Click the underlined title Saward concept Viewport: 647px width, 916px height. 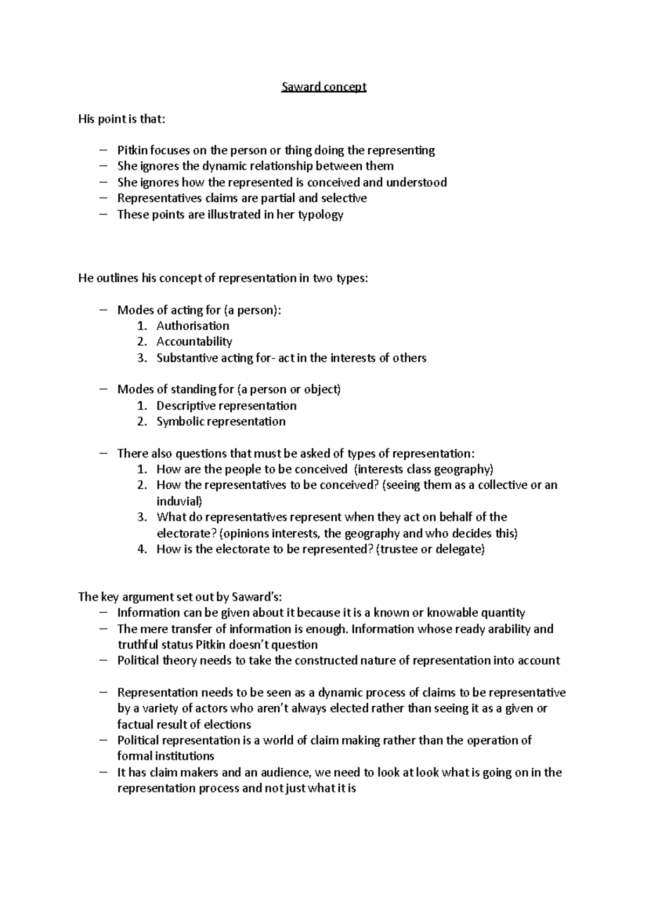pyautogui.click(x=323, y=87)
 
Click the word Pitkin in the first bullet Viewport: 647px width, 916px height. pyautogui.click(x=132, y=150)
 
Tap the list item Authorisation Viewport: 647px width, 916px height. pyautogui.click(x=192, y=326)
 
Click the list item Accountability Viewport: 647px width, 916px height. pyautogui.click(x=194, y=341)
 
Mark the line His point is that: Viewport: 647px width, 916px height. pyautogui.click(x=122, y=119)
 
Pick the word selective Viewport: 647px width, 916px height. pyautogui.click(x=344, y=199)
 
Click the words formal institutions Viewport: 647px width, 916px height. pyautogui.click(x=166, y=756)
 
